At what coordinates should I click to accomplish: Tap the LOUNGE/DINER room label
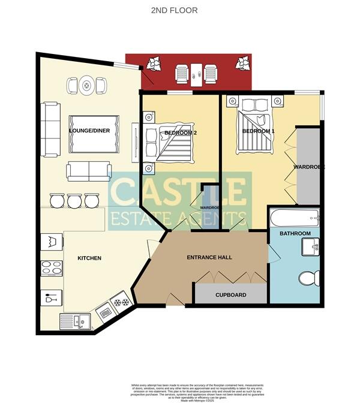[x=89, y=130]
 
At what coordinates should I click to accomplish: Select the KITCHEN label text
[x=89, y=258]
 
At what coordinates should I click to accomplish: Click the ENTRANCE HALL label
[x=209, y=257]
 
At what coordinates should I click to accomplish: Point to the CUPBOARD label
[x=231, y=295]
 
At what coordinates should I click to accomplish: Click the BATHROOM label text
[x=295, y=233]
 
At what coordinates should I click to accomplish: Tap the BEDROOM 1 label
[x=258, y=131]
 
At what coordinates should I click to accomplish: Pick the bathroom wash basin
[x=311, y=246]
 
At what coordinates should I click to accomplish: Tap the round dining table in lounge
[x=87, y=86]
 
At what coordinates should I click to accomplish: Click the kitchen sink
[x=74, y=322]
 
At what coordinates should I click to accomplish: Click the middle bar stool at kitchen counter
[x=74, y=200]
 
